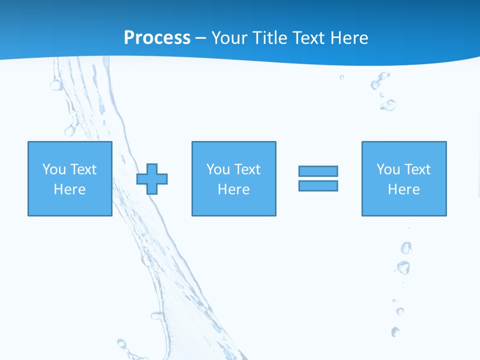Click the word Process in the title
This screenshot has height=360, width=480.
[x=157, y=38]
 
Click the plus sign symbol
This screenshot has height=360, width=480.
[x=152, y=179]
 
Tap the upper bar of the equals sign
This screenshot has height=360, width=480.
[x=318, y=171]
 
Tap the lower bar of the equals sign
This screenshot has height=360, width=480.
[x=318, y=186]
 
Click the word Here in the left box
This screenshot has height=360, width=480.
[x=70, y=189]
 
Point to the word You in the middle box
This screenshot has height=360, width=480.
[x=218, y=169]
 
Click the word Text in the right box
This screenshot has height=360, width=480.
[x=418, y=169]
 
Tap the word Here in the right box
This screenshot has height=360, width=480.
[x=404, y=189]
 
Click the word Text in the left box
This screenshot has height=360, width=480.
[x=84, y=169]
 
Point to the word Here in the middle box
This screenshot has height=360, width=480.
[x=233, y=189]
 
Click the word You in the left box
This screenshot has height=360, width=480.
[x=54, y=169]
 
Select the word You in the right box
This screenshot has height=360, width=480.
[x=388, y=169]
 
